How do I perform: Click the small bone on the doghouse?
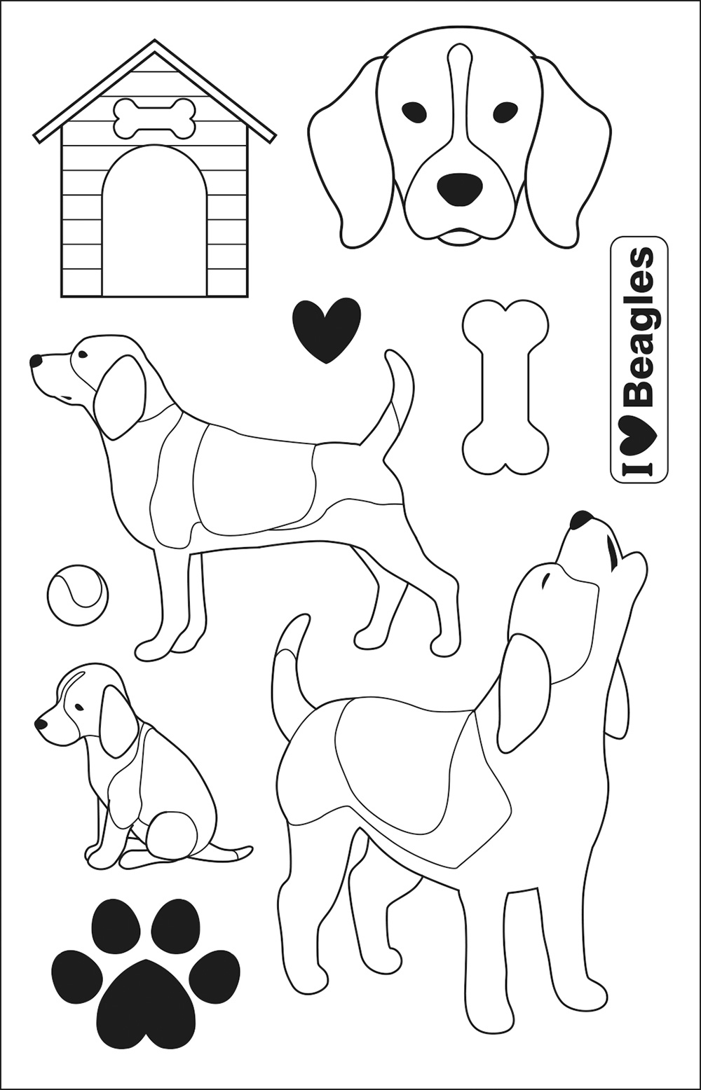coord(155,117)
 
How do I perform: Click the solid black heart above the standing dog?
coord(327,329)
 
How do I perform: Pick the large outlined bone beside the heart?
coord(505,387)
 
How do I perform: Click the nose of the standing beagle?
coord(35,361)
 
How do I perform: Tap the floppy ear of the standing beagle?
coord(119,397)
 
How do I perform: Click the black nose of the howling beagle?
coord(580,519)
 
